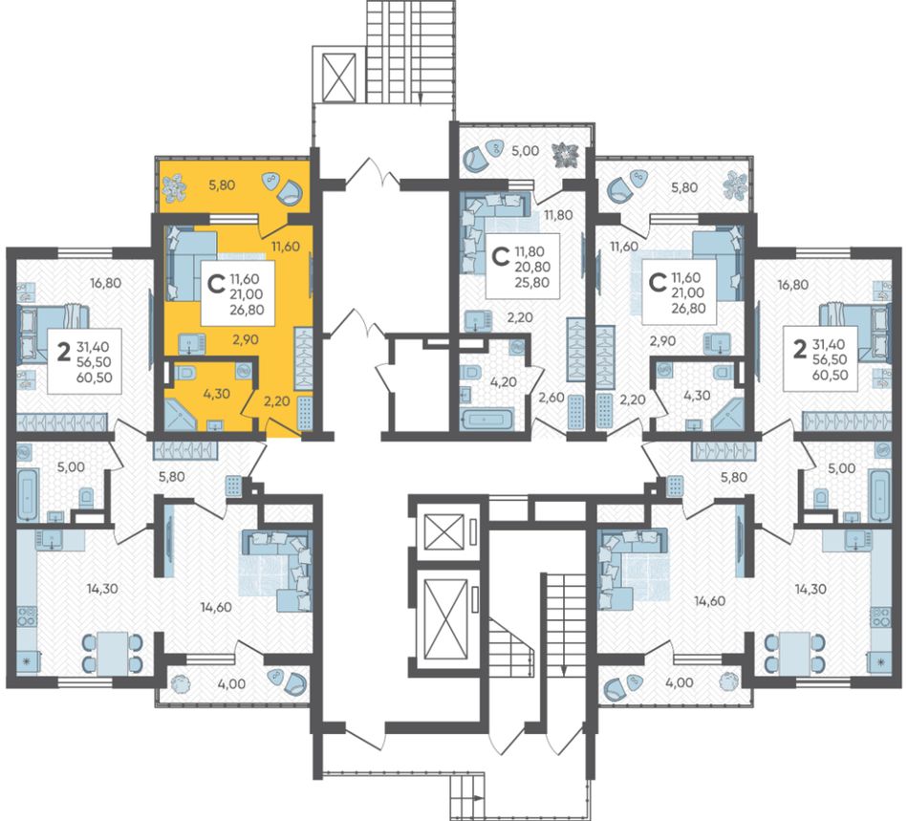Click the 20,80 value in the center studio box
532,268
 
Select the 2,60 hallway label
551,398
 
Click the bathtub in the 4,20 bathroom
486,420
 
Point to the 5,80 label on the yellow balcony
222,185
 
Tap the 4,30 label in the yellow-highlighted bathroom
217,394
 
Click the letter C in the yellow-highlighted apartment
216,284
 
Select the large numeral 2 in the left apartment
64,351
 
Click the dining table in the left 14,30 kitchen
112,652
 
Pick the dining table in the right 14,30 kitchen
794,652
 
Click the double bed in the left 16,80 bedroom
54,335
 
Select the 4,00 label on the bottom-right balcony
680,682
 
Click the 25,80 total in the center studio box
532,283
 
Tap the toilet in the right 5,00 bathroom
820,497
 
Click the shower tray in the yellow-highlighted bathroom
181,413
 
